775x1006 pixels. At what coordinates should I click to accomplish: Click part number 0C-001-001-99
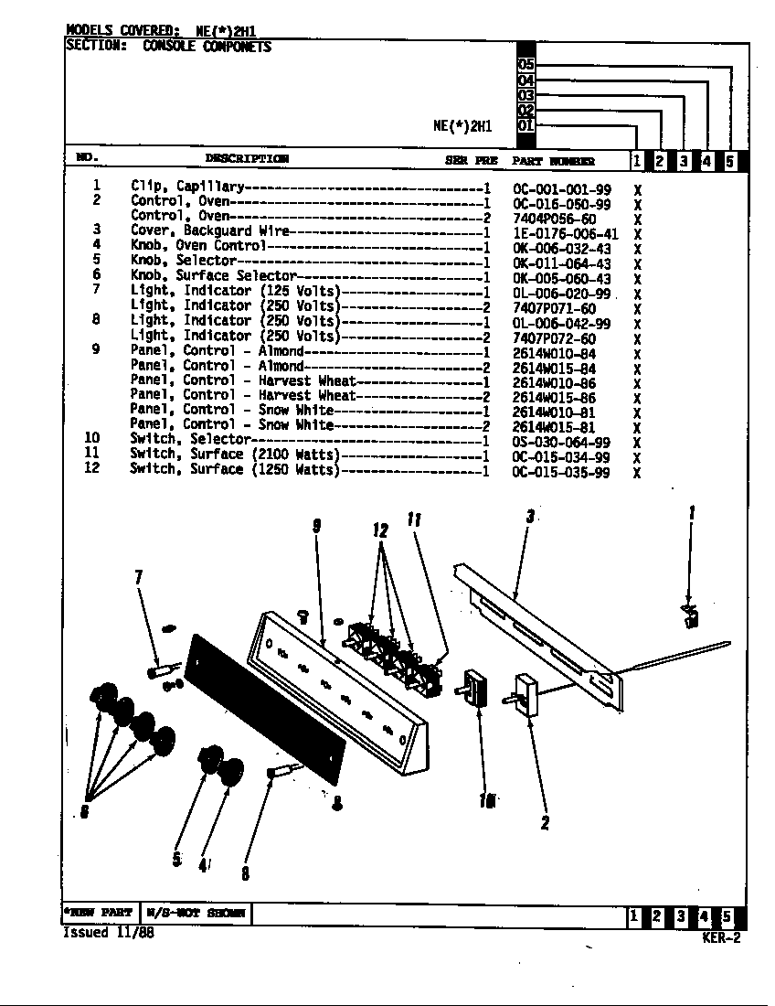pyautogui.click(x=561, y=189)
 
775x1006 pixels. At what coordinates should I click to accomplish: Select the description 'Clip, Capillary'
pyautogui.click(x=186, y=186)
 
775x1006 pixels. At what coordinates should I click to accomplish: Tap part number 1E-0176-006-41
pyautogui.click(x=565, y=234)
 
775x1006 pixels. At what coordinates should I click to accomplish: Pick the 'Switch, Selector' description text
pyautogui.click(x=186, y=439)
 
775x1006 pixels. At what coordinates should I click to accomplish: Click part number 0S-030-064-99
pyautogui.click(x=561, y=443)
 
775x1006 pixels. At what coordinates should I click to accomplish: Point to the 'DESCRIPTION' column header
pyautogui.click(x=247, y=159)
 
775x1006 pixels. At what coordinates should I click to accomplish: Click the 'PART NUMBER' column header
pyautogui.click(x=553, y=161)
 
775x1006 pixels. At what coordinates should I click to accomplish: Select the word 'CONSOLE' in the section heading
pyautogui.click(x=169, y=47)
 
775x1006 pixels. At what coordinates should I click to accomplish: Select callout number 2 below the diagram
pyautogui.click(x=545, y=823)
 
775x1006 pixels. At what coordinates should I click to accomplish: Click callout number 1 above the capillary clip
pyautogui.click(x=692, y=513)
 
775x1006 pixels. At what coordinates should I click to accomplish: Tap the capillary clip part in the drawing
pyautogui.click(x=690, y=615)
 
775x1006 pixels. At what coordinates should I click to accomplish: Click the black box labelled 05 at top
pyautogui.click(x=526, y=65)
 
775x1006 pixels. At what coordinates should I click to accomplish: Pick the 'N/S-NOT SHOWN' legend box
pyautogui.click(x=195, y=914)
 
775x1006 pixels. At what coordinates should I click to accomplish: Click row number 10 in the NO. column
pyautogui.click(x=91, y=439)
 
